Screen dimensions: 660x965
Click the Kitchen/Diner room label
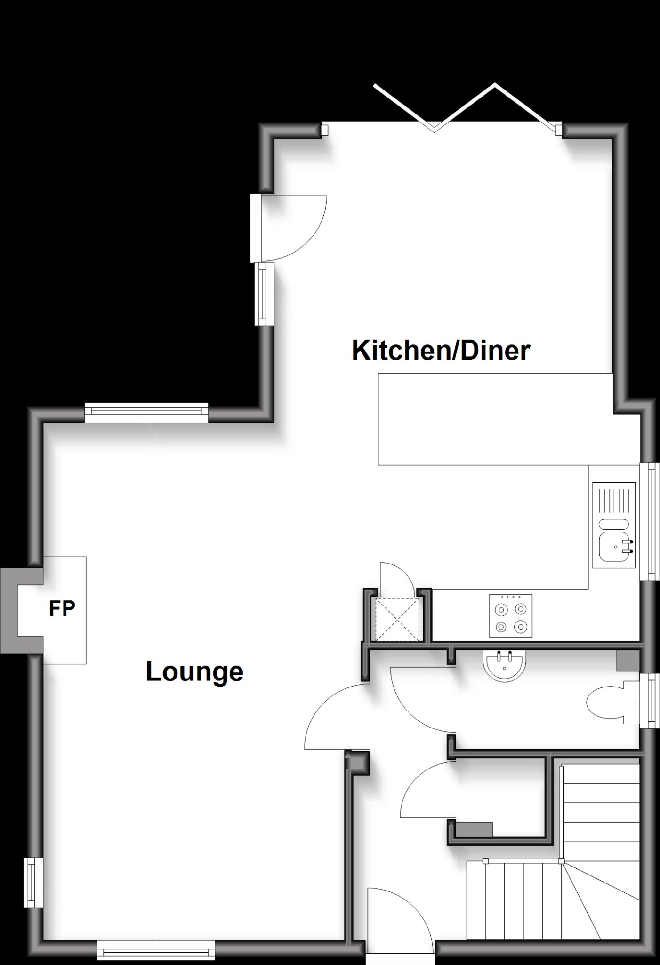pos(441,351)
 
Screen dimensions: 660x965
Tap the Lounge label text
pos(194,671)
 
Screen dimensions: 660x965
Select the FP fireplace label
pos(62,609)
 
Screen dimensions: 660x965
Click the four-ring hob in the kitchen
pos(511,616)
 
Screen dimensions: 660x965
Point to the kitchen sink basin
pos(614,547)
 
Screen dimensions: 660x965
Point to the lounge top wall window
pos(146,413)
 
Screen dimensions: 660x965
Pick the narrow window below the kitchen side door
pos(264,294)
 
